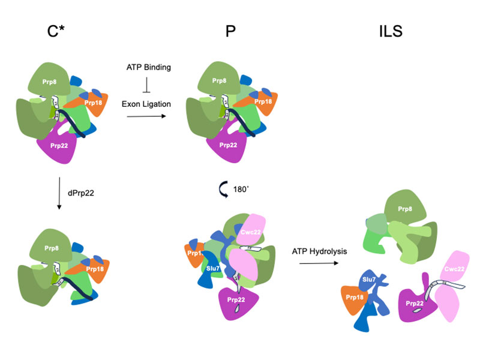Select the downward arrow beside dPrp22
(x=59, y=193)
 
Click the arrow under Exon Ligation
(x=148, y=117)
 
